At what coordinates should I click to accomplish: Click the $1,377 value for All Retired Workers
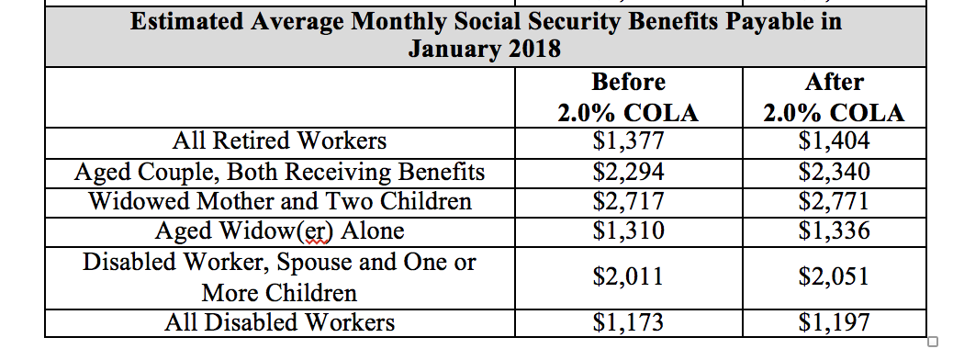point(628,141)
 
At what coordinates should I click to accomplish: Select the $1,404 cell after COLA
point(834,141)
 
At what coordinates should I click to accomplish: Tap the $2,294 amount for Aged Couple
point(628,172)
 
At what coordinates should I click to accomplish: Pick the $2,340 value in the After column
point(834,172)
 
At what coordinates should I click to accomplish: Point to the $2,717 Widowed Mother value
point(628,201)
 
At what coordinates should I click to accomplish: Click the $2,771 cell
point(834,201)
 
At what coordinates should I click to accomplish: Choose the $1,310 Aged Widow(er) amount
point(628,231)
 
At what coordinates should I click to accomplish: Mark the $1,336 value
point(834,231)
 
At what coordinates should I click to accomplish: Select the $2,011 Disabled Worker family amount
point(628,277)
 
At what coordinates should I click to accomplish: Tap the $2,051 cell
point(834,277)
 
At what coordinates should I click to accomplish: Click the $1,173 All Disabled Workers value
point(628,322)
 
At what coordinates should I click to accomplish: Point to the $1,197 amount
point(834,322)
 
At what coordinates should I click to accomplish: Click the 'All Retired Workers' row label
point(279,141)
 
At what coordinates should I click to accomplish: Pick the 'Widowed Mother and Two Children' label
point(279,201)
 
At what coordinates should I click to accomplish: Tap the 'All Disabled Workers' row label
point(279,322)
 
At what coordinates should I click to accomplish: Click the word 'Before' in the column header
point(628,83)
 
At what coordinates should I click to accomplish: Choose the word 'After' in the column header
point(834,83)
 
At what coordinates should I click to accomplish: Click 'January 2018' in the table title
point(484,49)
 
